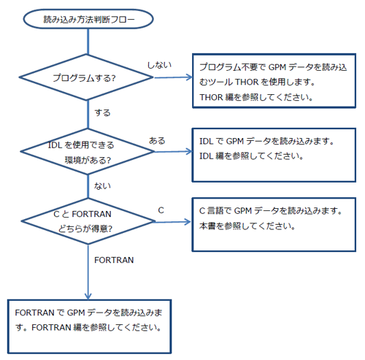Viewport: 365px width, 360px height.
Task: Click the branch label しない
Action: pos(159,65)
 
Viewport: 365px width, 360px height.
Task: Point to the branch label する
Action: pos(102,112)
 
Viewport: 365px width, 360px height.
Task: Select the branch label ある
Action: pos(157,141)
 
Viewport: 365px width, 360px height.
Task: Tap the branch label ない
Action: pos(102,186)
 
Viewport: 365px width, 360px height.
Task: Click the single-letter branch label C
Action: pos(161,210)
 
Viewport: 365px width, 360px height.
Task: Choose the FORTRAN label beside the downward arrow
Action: pos(114,260)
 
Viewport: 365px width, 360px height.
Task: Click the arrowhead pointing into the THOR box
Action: pos(189,77)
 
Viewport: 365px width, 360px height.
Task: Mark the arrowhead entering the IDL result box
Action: pos(189,151)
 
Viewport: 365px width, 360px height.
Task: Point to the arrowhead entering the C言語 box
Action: pos(188,222)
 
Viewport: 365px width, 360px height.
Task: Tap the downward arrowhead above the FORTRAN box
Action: pos(88,296)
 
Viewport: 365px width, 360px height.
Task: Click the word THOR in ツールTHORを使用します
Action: pos(247,82)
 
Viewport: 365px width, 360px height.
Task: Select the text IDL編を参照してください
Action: pos(252,156)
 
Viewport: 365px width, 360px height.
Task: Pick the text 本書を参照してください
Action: pos(247,226)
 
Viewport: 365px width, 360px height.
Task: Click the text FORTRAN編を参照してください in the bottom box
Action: pos(96,327)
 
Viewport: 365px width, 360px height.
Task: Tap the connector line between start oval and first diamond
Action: pos(88,42)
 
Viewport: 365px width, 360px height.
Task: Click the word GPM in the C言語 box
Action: pos(243,211)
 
